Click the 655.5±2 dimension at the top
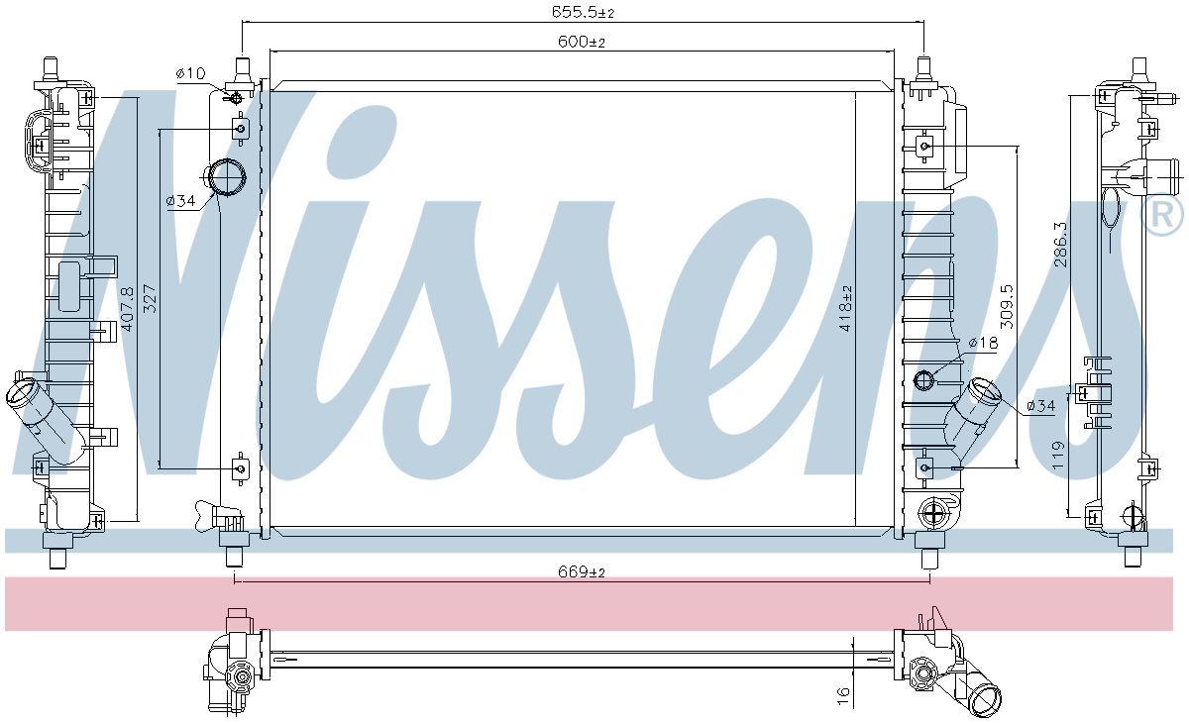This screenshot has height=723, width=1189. tap(583, 12)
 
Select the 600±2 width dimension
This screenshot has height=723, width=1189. tap(582, 42)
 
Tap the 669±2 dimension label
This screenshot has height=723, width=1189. tap(582, 571)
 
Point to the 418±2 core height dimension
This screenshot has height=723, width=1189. tap(845, 308)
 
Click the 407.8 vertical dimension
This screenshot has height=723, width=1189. tap(128, 309)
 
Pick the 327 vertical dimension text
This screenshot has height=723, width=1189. tap(151, 299)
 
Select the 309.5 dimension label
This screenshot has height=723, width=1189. tap(1007, 307)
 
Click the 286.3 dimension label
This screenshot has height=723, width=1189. tap(1060, 245)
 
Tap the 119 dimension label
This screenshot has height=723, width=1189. tap(1058, 456)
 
